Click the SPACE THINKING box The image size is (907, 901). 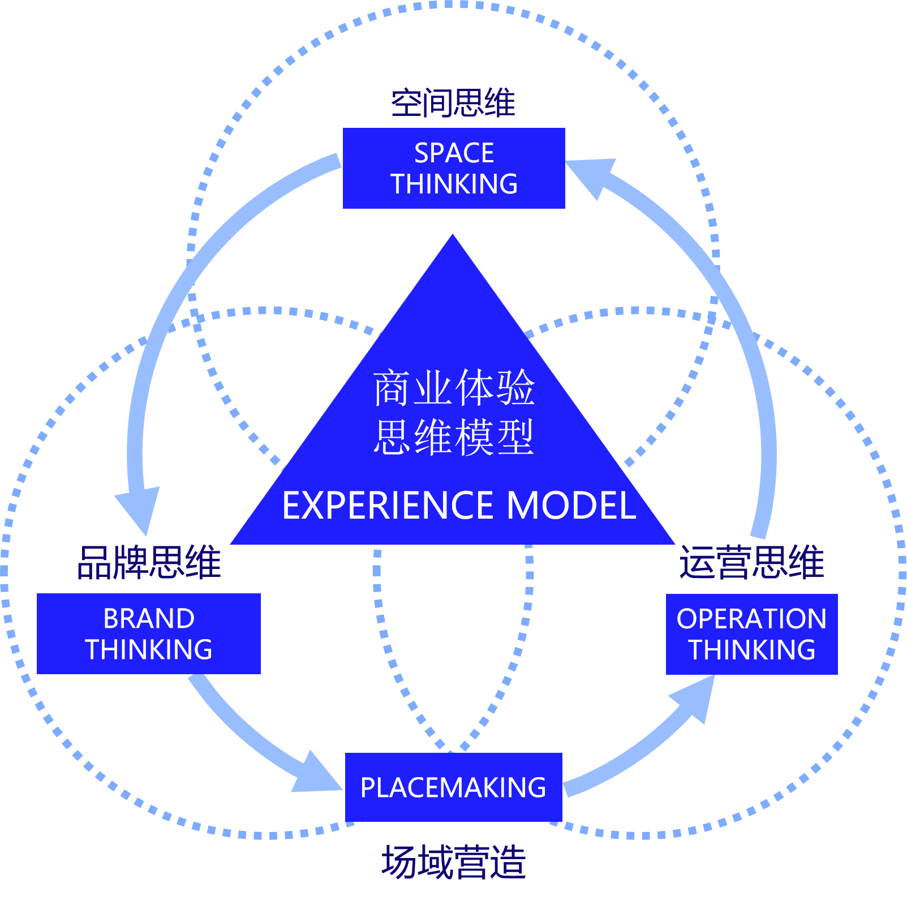(454, 168)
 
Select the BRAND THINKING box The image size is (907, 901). (149, 633)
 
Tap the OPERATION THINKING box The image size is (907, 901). (751, 634)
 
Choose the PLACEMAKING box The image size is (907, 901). (453, 787)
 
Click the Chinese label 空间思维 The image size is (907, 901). (453, 104)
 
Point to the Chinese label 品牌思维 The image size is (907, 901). (149, 563)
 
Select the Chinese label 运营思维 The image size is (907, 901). (751, 563)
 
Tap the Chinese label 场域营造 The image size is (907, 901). (454, 862)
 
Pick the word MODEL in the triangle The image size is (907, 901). (571, 505)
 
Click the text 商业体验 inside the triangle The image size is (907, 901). (454, 388)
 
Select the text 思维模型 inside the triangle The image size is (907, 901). (454, 437)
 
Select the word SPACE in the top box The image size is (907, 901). (454, 153)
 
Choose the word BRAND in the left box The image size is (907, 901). (149, 618)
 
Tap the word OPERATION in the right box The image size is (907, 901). (751, 619)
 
